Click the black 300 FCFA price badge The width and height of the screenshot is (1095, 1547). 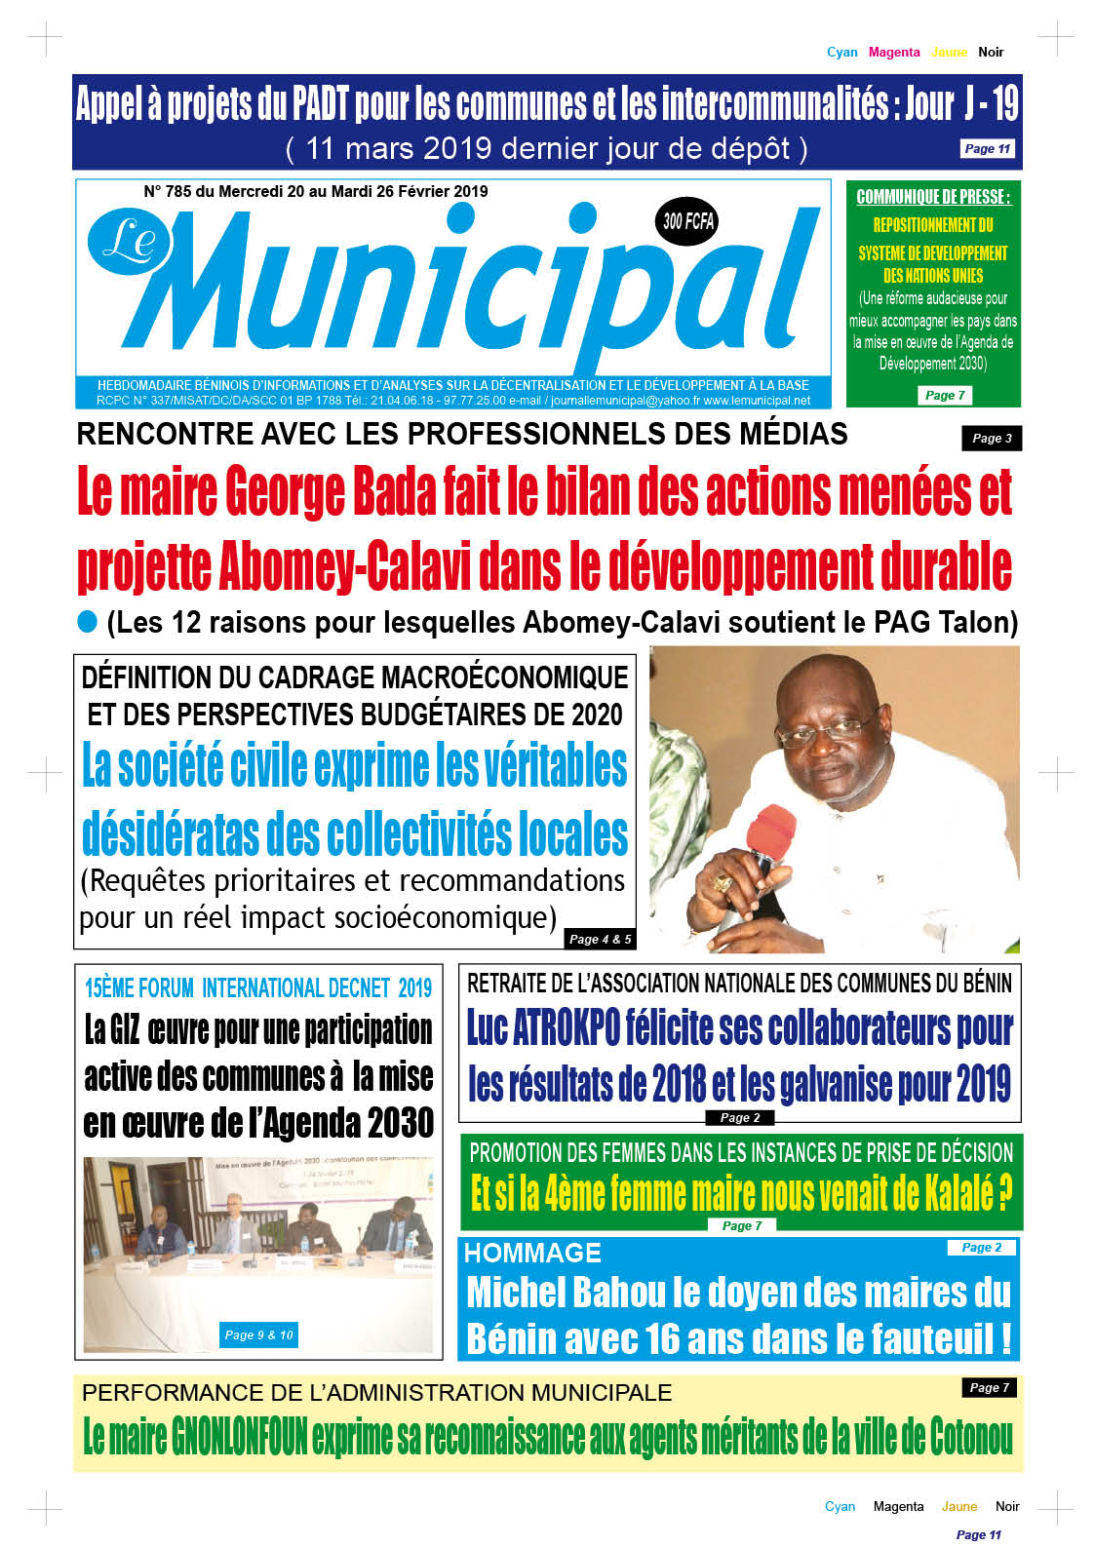[688, 221]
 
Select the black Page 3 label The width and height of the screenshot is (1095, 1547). [992, 439]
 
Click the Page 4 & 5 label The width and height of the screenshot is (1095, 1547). [600, 939]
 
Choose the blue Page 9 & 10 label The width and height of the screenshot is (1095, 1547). [258, 1334]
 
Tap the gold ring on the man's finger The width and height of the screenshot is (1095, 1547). [723, 883]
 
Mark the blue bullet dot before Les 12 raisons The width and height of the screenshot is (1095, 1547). [88, 621]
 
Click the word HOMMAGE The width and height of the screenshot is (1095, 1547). [532, 1254]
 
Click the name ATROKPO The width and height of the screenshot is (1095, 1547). [566, 1028]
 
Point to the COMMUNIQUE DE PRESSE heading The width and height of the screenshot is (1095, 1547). [933, 197]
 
